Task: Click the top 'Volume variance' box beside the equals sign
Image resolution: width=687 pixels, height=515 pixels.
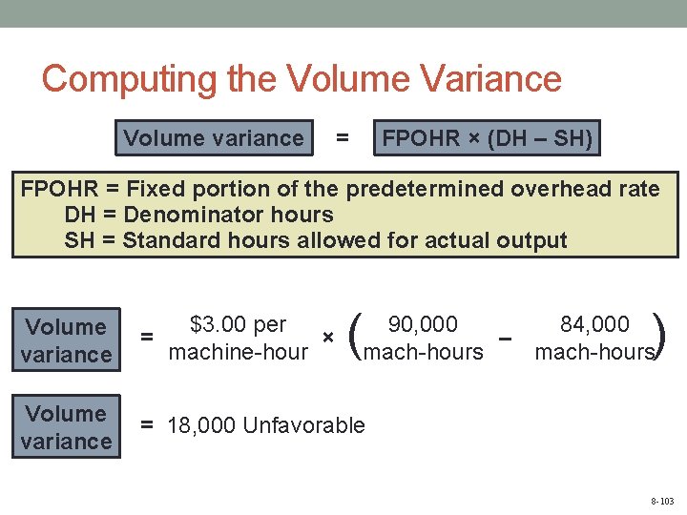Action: pyautogui.click(x=213, y=138)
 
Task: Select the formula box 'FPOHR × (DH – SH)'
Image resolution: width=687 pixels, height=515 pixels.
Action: pyautogui.click(x=487, y=139)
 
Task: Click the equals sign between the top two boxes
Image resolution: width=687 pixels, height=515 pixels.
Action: pyautogui.click(x=342, y=138)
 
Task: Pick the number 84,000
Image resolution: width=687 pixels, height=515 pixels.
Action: pyautogui.click(x=594, y=324)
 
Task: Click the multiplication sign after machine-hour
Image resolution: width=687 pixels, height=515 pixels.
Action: pyautogui.click(x=327, y=338)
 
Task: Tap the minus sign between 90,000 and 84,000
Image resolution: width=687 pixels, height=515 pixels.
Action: pyautogui.click(x=507, y=338)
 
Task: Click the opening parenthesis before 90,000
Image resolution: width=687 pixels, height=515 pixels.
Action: pyautogui.click(x=356, y=338)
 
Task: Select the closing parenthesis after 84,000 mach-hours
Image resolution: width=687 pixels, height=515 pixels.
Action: pyautogui.click(x=661, y=338)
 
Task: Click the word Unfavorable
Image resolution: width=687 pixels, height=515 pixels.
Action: pyautogui.click(x=304, y=425)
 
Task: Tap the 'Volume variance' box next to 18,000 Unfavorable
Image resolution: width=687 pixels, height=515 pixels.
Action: pyautogui.click(x=67, y=427)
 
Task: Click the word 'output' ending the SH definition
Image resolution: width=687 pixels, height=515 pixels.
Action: pyautogui.click(x=531, y=240)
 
